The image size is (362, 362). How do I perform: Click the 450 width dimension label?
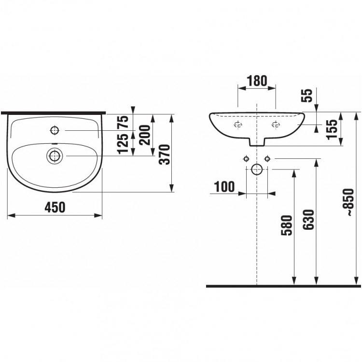pos(55,207)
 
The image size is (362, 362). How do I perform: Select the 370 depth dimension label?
pos(165,154)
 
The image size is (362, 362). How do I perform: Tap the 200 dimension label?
pos(144,135)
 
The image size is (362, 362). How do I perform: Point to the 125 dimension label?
pos(123,144)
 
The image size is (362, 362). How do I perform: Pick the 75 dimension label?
pos(123,123)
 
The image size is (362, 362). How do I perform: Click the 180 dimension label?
pos(257,81)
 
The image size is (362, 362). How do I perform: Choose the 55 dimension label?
pos(307,96)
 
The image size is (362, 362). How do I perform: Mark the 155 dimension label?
pos(332,129)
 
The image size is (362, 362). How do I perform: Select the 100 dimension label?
pos(224,186)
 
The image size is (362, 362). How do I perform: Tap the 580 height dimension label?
pos(287,225)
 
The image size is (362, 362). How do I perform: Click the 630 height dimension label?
pos(309,220)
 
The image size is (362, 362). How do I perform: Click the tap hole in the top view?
pos(55,130)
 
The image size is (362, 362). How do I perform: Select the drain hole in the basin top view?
pos(55,156)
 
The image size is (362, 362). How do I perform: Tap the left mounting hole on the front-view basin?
pos(238,125)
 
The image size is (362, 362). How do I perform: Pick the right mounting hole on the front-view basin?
pos(276,125)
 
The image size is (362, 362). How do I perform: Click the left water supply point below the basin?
pos(246,159)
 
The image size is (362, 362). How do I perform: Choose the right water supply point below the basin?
pos(267,159)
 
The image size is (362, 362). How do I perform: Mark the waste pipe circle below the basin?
pos(257,169)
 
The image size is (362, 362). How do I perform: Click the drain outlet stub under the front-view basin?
pos(257,142)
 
